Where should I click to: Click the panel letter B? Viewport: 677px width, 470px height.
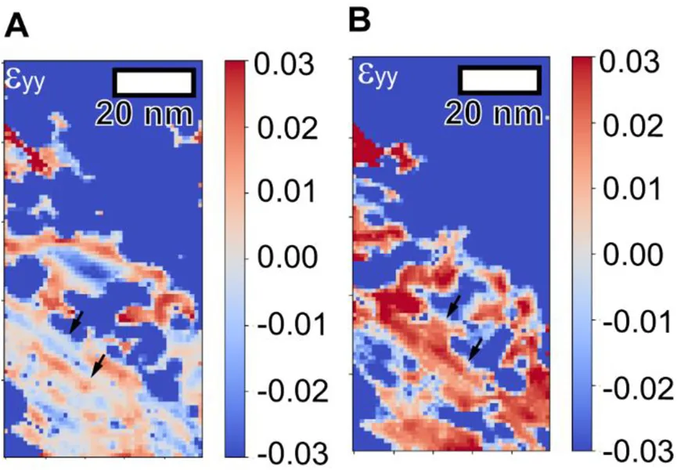pos(361,20)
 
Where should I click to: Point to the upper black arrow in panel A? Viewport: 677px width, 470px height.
pos(75,322)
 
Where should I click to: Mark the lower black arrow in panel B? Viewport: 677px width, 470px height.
pos(475,349)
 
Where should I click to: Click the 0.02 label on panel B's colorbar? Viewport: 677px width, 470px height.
pos(629,125)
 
